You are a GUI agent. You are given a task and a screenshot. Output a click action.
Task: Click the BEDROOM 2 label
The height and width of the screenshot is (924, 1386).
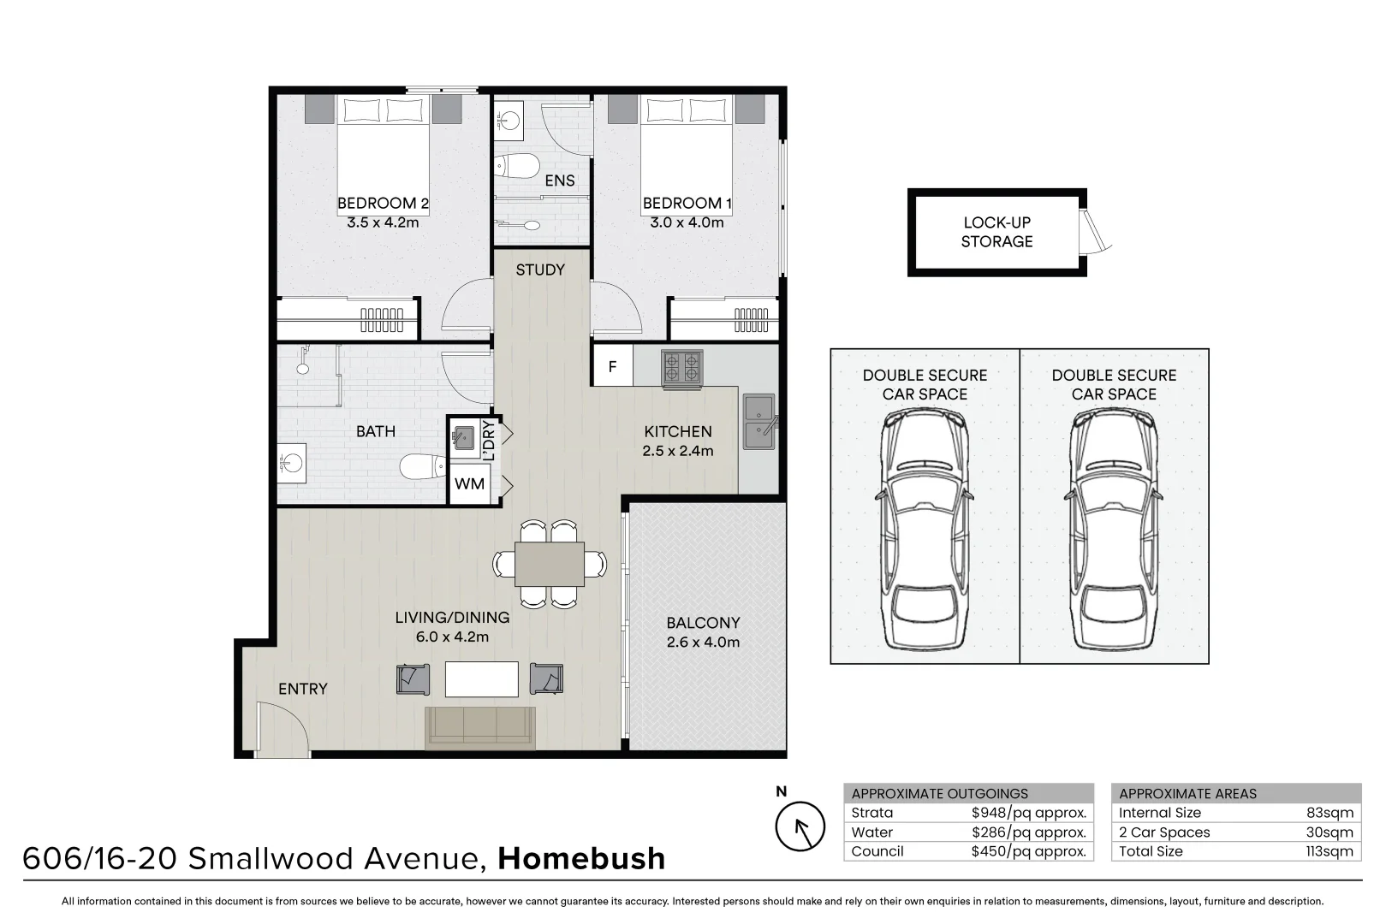(383, 204)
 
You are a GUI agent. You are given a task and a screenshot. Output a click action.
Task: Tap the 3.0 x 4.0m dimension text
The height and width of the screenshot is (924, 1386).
(687, 222)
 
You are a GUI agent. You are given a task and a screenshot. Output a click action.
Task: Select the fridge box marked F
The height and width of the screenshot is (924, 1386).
(612, 366)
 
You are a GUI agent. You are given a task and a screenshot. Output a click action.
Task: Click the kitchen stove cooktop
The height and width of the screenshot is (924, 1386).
(681, 369)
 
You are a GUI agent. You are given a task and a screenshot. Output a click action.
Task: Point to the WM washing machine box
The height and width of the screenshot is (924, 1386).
(469, 484)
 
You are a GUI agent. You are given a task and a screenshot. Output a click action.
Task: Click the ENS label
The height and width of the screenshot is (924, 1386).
(560, 181)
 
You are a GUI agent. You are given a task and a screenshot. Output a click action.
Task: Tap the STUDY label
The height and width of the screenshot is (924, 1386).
(540, 269)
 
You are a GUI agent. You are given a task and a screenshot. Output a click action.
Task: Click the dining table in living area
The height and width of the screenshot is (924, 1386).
(550, 564)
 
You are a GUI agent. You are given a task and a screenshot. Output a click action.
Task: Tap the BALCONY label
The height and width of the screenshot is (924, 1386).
(703, 623)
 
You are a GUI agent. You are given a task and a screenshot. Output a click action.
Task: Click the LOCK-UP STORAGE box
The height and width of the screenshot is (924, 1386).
(996, 232)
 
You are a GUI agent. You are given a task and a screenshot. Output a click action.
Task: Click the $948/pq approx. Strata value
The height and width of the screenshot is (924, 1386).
(1028, 813)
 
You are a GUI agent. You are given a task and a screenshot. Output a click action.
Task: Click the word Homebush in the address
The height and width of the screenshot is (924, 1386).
(581, 858)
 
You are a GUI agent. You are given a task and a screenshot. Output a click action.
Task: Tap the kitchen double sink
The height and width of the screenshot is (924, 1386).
(758, 421)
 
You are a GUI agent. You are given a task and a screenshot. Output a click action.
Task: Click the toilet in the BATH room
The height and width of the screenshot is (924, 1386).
(422, 466)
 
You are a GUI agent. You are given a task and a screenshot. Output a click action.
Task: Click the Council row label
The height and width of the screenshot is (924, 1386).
(877, 851)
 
